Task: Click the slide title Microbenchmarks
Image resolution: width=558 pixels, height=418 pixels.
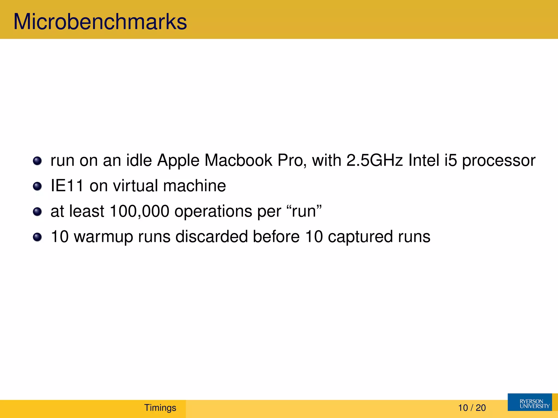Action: click(x=100, y=22)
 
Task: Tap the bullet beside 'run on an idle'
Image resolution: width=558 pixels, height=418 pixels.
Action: click(x=37, y=161)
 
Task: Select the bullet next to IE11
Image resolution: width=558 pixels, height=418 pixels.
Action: click(x=37, y=186)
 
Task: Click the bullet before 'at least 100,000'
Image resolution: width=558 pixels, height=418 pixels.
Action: click(x=37, y=212)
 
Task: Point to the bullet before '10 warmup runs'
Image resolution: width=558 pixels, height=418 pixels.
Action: click(x=37, y=237)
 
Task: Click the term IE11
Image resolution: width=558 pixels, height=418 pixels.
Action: click(x=67, y=186)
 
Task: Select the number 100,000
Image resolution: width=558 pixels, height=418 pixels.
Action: click(x=139, y=211)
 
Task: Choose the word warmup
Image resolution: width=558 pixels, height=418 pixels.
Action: click(x=103, y=237)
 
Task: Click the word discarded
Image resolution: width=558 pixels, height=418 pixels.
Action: click(x=211, y=236)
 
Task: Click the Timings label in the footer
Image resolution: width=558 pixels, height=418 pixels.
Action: click(x=160, y=408)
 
